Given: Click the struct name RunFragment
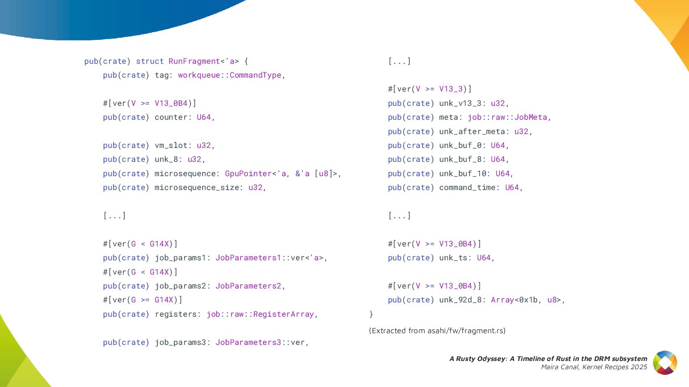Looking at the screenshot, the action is [x=194, y=61].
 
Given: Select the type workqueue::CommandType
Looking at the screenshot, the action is [x=229, y=75].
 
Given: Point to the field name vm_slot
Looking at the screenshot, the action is [x=171, y=145].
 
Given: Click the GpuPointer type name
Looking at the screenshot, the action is [x=248, y=174].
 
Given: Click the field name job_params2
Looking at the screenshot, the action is [x=180, y=286].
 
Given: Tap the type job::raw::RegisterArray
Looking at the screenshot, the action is [x=260, y=314].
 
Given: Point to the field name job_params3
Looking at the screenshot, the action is [x=180, y=342].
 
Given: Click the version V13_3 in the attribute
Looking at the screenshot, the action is [x=451, y=89].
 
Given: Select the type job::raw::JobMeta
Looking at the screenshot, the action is [x=507, y=117].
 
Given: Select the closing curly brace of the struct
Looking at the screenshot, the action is [x=371, y=314].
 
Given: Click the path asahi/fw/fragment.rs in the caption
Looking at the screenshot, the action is [x=466, y=331].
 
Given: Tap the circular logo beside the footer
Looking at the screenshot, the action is [x=665, y=363].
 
